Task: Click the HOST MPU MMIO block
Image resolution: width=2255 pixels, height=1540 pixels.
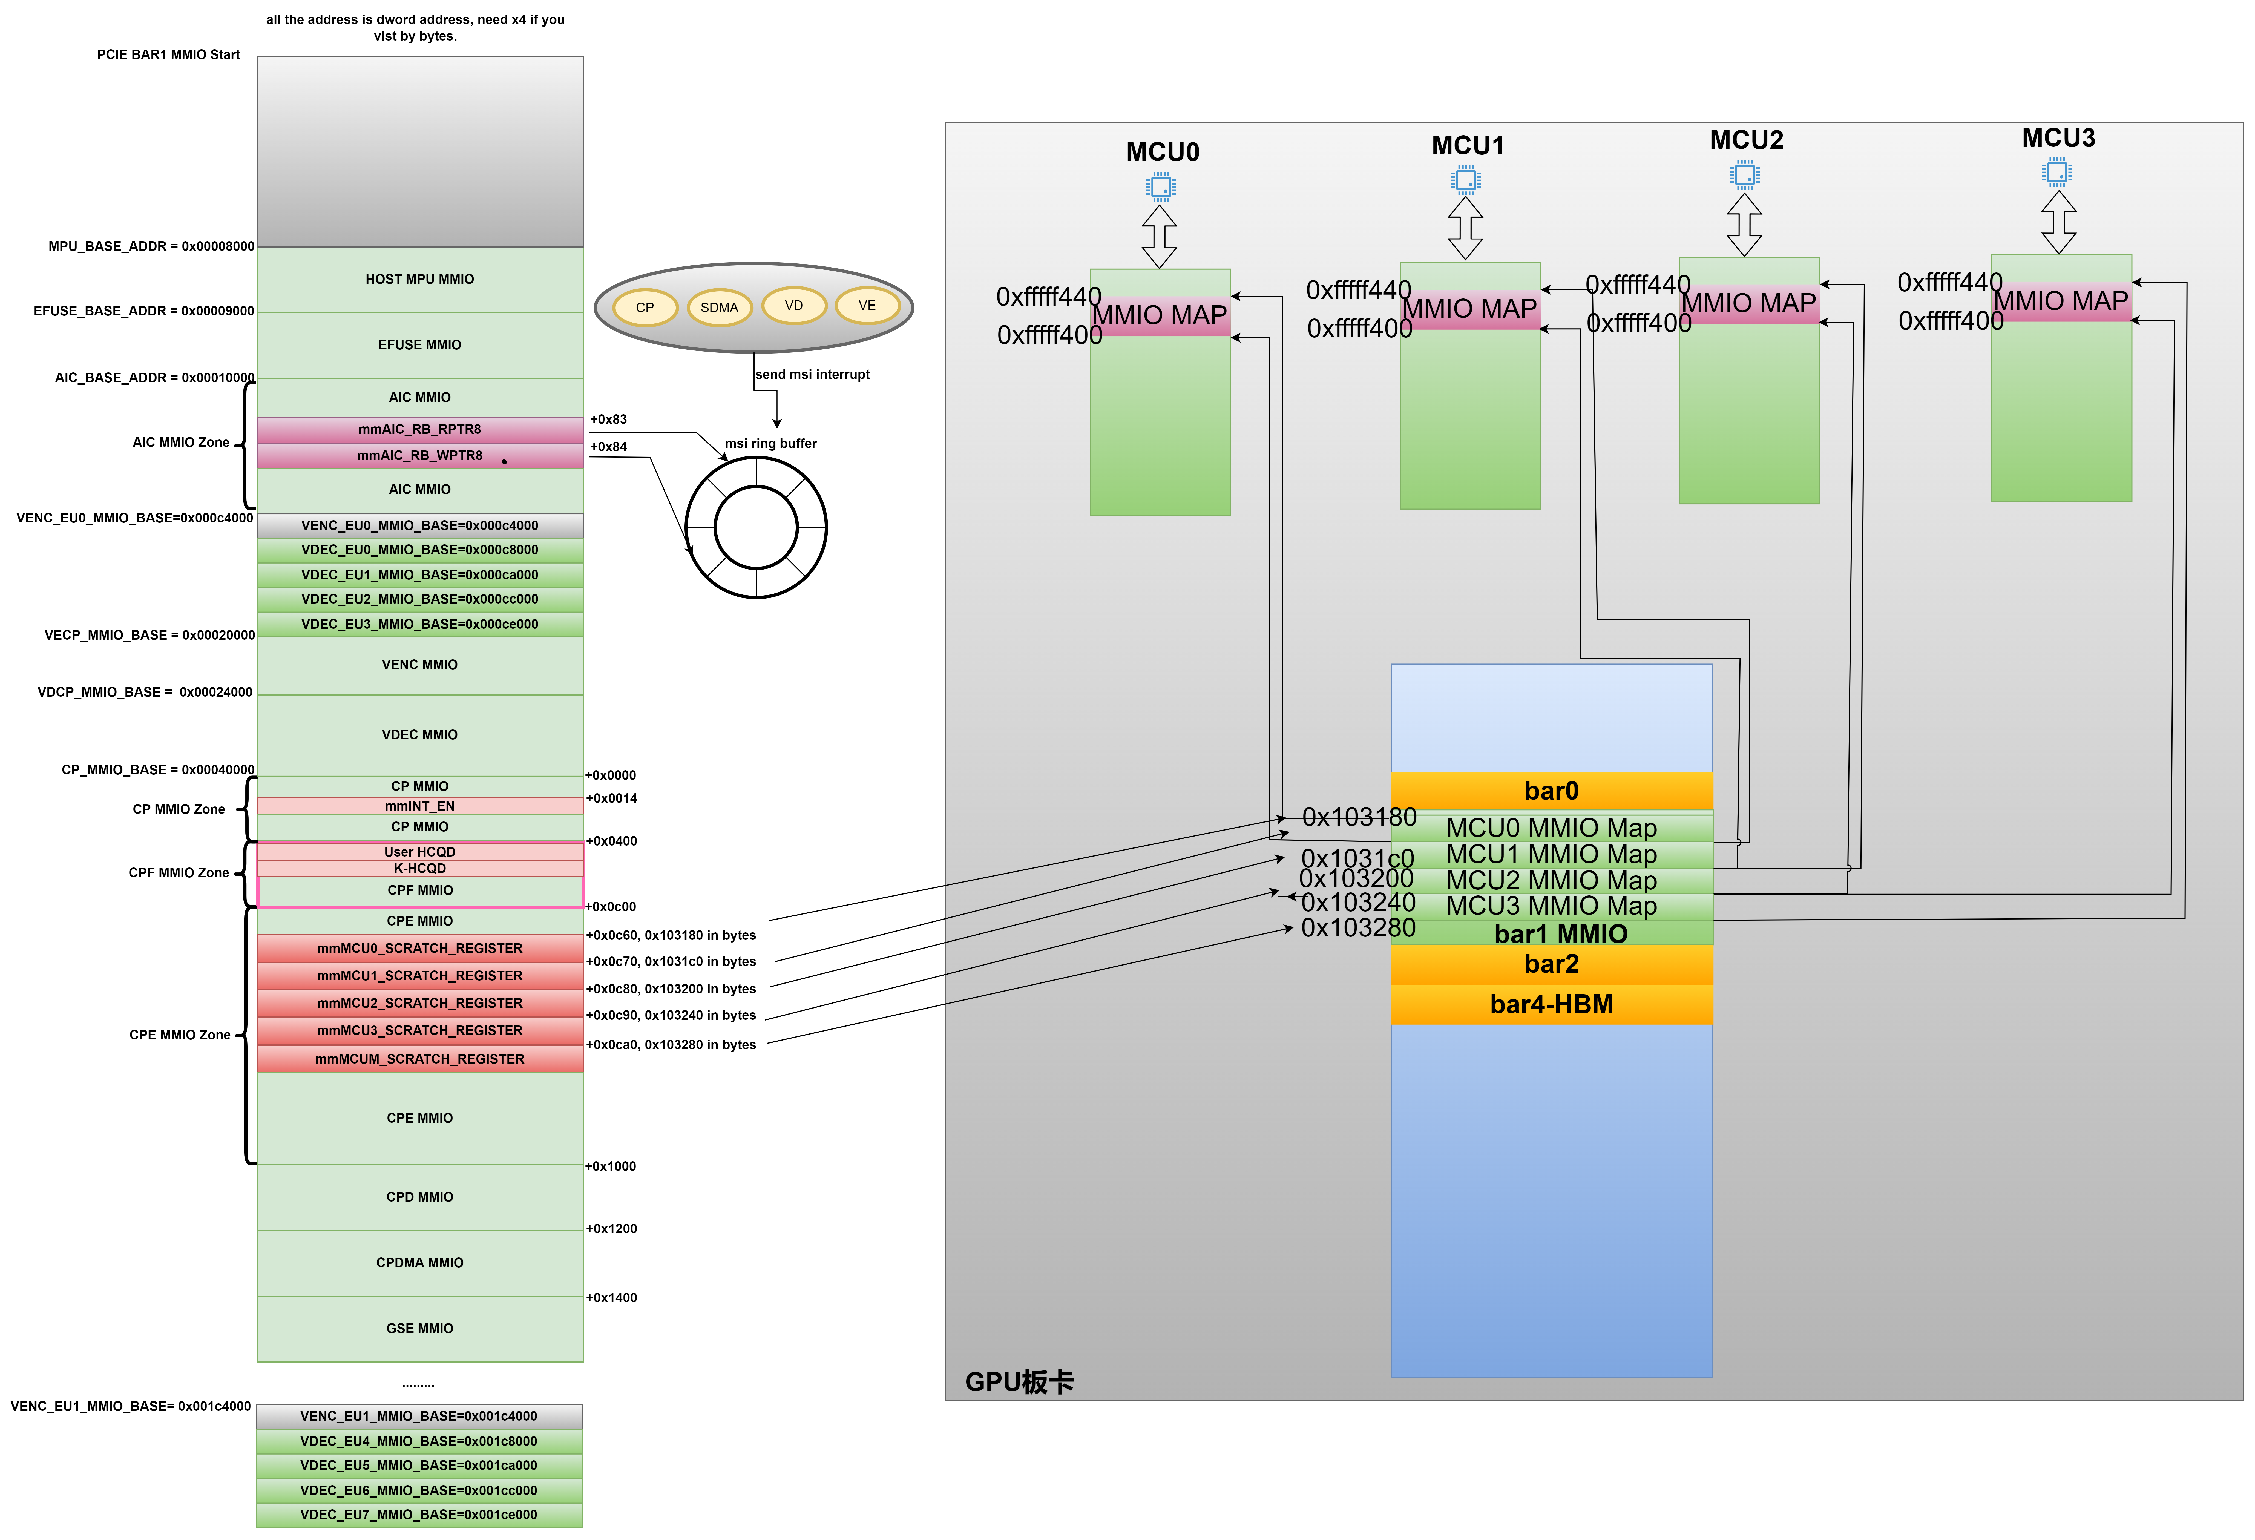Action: coord(419,280)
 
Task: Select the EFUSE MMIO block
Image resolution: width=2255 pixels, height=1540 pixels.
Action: coord(419,344)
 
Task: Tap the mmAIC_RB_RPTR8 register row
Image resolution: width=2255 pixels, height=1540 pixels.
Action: coord(419,429)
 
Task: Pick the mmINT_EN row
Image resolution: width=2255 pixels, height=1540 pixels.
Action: coord(419,805)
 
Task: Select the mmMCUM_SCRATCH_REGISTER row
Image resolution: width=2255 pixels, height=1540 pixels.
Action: coord(419,1059)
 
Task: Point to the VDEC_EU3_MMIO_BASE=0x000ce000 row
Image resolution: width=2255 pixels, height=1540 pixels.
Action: coord(419,624)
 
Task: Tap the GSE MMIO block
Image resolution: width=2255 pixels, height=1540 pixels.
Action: coord(419,1328)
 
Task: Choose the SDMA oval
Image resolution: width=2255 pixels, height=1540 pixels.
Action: coord(719,308)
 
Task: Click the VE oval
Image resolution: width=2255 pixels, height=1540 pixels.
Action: coord(867,306)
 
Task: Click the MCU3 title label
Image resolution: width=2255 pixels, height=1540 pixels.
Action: coord(2058,138)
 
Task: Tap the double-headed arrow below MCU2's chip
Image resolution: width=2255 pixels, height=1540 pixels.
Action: coord(1744,224)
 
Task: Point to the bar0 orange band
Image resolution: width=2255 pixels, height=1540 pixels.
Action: coord(1551,791)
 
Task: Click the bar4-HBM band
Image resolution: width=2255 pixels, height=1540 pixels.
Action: coord(1551,1004)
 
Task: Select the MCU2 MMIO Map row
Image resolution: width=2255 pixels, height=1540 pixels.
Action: coord(1551,880)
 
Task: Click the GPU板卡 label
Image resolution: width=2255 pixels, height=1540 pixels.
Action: coord(1019,1382)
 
